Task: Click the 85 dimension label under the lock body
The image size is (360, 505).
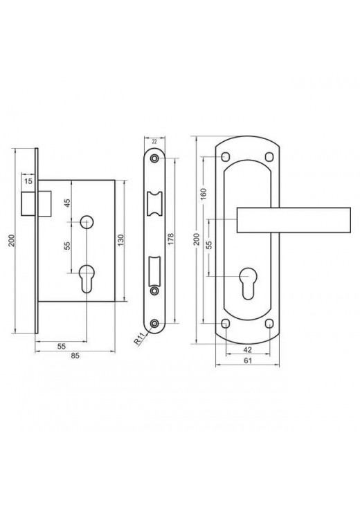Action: (75, 356)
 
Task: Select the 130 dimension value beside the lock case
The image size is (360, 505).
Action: (121, 241)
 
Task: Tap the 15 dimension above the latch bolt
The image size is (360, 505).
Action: (28, 181)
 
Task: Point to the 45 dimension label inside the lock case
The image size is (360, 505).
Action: (67, 203)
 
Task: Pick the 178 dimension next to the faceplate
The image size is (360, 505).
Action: (171, 239)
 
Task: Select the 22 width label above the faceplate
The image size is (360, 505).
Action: (154, 141)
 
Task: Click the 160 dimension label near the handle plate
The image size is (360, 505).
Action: (204, 194)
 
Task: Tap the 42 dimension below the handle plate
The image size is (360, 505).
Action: (248, 350)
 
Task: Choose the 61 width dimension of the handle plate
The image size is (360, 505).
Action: (248, 360)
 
